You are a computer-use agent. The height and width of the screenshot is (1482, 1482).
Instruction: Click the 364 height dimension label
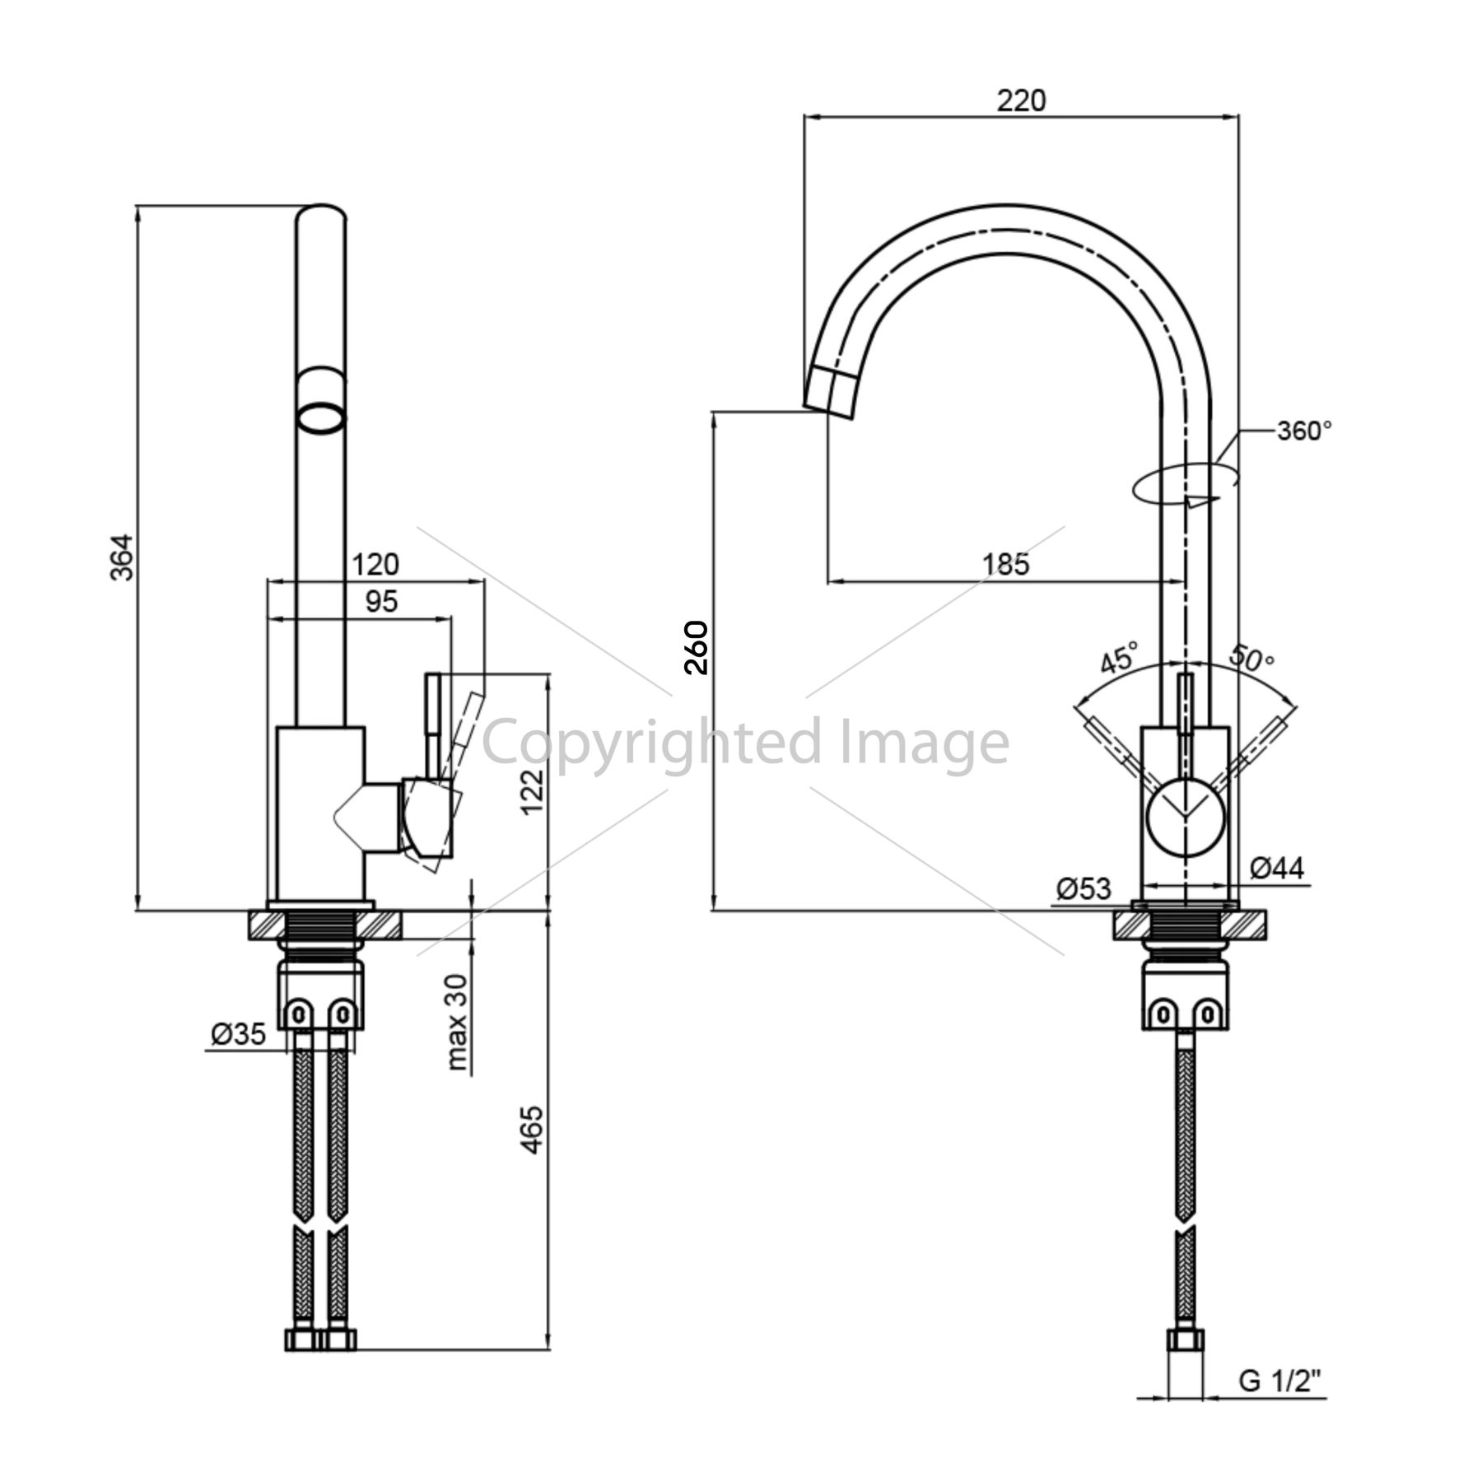[122, 557]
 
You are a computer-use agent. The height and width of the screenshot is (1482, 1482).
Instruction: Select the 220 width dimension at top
[1021, 100]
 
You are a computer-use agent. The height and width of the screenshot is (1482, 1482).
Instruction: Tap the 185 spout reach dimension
[1006, 564]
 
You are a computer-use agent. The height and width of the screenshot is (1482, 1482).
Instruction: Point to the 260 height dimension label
[697, 648]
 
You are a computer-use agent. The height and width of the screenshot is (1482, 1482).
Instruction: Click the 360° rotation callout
[1304, 431]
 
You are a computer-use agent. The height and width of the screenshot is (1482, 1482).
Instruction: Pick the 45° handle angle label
[1119, 657]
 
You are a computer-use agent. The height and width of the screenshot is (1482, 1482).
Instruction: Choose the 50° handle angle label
[1251, 657]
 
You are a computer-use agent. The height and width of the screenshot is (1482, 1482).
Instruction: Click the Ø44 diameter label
[1277, 867]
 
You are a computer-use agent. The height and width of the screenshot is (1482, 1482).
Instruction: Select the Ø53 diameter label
[1084, 888]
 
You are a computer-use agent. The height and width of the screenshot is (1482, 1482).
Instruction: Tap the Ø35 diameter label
[239, 1034]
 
